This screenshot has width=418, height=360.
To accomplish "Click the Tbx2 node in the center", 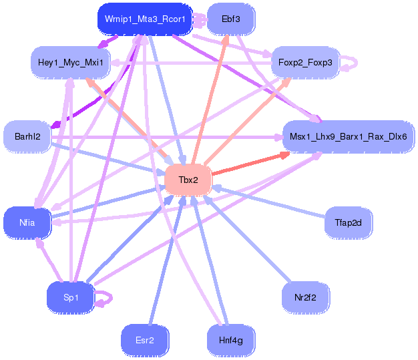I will pyautogui.click(x=188, y=180).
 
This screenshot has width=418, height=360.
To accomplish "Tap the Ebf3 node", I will pyautogui.click(x=231, y=19).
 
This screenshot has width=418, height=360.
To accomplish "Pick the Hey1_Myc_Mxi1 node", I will pyautogui.click(x=70, y=62).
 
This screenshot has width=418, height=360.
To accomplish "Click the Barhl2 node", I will pyautogui.click(x=27, y=137).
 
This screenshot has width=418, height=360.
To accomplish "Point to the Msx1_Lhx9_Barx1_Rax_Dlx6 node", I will pyautogui.click(x=348, y=137).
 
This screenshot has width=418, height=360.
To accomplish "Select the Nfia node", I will pyautogui.click(x=27, y=222).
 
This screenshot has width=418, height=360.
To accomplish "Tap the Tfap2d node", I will pyautogui.click(x=348, y=222).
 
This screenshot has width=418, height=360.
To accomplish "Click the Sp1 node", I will pyautogui.click(x=70, y=297).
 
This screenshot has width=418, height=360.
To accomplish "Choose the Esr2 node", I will pyautogui.click(x=144, y=340).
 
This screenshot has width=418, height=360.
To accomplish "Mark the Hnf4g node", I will pyautogui.click(x=231, y=340).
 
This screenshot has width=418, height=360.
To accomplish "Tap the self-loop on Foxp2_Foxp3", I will pyautogui.click(x=351, y=63).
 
